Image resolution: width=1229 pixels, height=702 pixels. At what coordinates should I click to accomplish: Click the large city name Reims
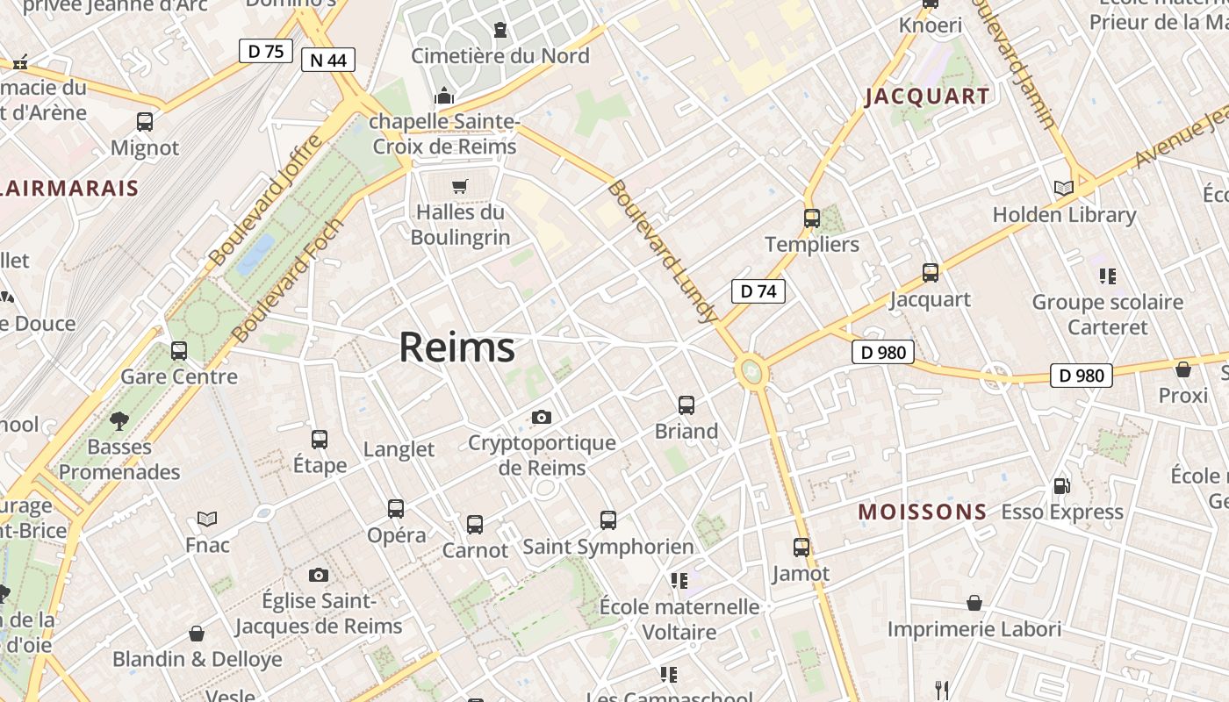[x=456, y=348]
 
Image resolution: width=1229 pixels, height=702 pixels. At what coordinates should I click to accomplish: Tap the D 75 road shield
[x=265, y=51]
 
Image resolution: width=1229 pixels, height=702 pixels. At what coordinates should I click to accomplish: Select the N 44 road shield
[x=327, y=60]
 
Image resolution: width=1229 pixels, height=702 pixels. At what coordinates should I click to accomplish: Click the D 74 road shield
[x=758, y=291]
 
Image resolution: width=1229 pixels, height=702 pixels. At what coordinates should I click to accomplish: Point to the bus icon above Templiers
[x=812, y=218]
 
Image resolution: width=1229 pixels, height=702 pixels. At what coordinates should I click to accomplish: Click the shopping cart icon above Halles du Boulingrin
[x=459, y=186]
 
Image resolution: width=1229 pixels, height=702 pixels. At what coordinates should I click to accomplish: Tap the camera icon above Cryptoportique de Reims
[x=542, y=417]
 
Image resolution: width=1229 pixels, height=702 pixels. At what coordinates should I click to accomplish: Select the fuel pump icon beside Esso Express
[x=1062, y=485]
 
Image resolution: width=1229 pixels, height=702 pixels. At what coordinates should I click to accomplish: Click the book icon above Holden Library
[x=1063, y=188]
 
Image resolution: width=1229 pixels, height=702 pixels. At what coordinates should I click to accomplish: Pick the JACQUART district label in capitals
[x=927, y=97]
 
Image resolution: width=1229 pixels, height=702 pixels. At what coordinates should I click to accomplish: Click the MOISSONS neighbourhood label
[x=922, y=512]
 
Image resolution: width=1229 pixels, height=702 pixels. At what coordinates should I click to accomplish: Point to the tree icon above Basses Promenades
[x=119, y=421]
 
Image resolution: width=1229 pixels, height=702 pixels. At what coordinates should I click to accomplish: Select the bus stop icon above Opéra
[x=396, y=509]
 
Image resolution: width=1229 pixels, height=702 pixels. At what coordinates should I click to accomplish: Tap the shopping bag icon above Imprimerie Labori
[x=974, y=603]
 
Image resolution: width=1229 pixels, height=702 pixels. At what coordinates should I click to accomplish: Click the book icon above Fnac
[x=207, y=519]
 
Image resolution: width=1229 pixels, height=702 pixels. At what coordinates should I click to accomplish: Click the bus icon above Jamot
[x=801, y=548]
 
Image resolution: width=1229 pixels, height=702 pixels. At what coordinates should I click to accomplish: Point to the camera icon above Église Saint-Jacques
[x=319, y=576]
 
